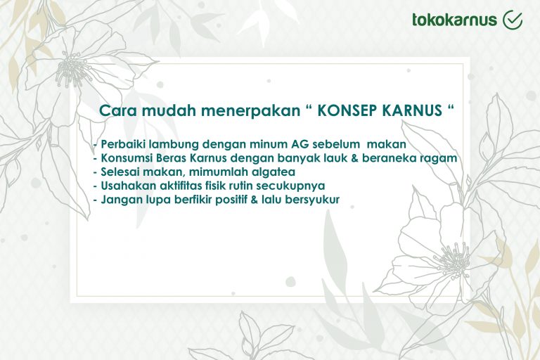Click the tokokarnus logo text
[455, 20]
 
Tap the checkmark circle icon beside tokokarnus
[513, 20]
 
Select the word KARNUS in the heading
[411, 111]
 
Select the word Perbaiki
[122, 144]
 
